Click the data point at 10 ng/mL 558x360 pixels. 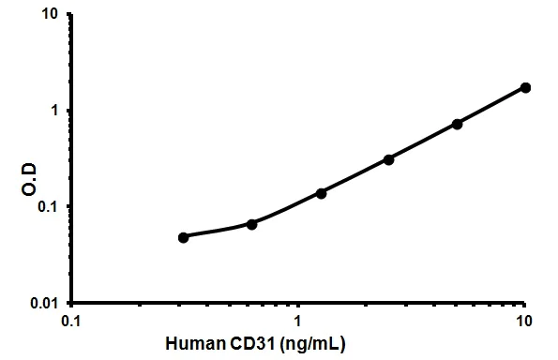click(x=525, y=87)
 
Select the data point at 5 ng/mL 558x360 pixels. click(x=458, y=124)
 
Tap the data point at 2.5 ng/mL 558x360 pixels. click(x=389, y=159)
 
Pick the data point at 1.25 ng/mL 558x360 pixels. click(x=321, y=193)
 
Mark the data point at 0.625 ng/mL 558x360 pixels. click(x=252, y=224)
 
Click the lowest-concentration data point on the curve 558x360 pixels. click(x=184, y=237)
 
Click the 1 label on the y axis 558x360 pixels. click(x=55, y=111)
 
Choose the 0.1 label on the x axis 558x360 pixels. click(x=70, y=322)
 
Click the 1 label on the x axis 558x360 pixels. click(x=297, y=322)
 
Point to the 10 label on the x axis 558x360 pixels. click(x=524, y=322)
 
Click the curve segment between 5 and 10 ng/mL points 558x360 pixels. click(x=491, y=106)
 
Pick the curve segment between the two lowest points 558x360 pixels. click(x=218, y=232)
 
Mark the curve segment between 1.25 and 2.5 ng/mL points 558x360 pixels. click(x=354, y=176)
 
